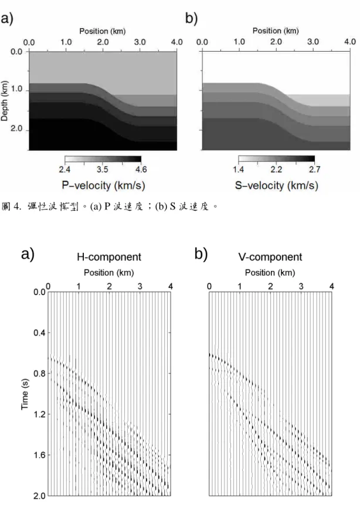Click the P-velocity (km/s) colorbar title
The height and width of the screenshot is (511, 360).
click(x=103, y=185)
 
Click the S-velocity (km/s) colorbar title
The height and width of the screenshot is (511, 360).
click(x=277, y=185)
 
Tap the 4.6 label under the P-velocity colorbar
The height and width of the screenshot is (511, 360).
click(x=141, y=170)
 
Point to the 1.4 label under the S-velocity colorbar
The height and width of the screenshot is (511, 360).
click(x=239, y=170)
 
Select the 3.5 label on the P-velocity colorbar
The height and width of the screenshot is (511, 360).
click(x=102, y=170)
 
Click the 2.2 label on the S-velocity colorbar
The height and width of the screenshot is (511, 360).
click(x=276, y=170)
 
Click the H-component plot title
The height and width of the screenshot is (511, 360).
click(x=109, y=257)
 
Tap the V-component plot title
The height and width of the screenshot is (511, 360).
click(x=270, y=257)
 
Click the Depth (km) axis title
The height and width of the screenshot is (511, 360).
click(x=4, y=101)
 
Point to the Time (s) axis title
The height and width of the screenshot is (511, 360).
click(x=25, y=394)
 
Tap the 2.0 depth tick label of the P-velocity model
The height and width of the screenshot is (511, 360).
click(x=16, y=128)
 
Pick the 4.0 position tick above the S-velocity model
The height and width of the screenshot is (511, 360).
click(x=350, y=42)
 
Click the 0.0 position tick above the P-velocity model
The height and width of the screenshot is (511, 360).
click(x=29, y=42)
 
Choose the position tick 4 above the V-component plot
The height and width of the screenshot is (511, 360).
click(x=332, y=286)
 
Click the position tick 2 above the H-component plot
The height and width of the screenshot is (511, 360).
click(x=109, y=286)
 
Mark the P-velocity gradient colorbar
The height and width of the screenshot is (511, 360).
click(x=103, y=159)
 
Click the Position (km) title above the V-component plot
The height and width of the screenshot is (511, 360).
click(x=270, y=272)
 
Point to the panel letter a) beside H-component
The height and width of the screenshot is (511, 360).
click(x=28, y=254)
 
